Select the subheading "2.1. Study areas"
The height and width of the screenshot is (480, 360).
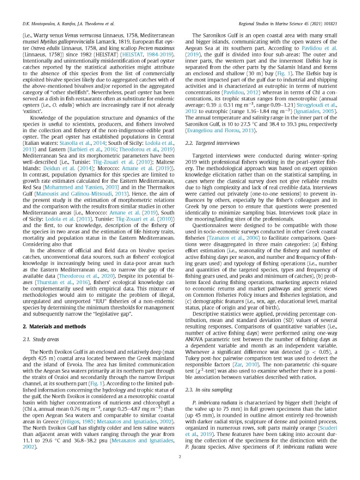pyautogui.click(x=41, y=326)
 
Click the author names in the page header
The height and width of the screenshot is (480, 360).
pyautogui.click(x=68, y=22)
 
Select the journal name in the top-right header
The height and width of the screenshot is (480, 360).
pyautogui.click(x=292, y=22)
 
